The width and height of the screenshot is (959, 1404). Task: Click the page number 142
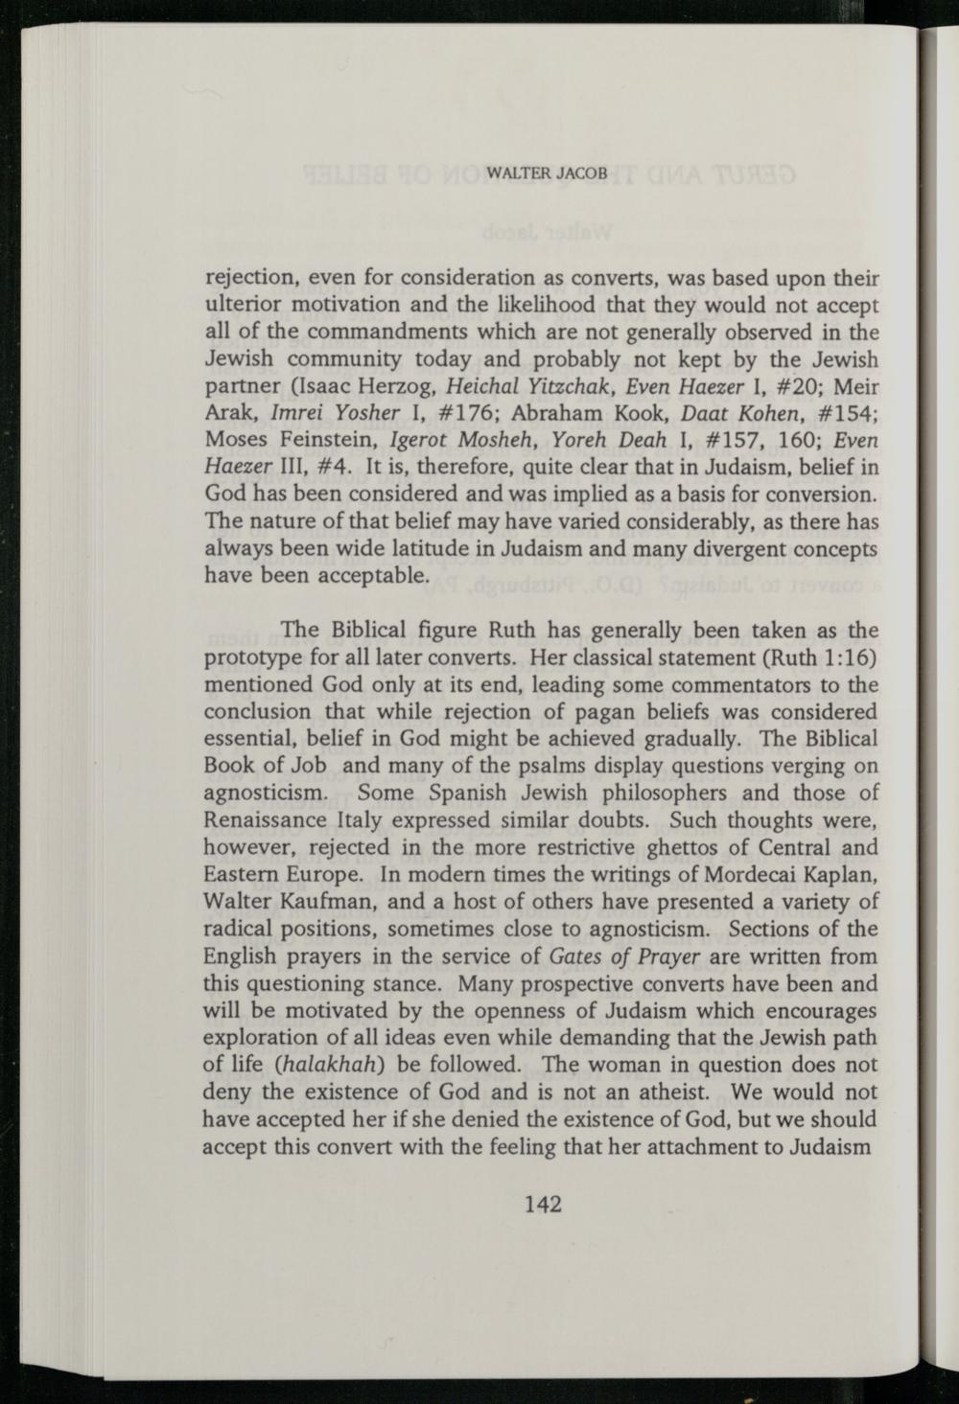[542, 1205]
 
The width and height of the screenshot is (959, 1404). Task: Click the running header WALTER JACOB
[547, 174]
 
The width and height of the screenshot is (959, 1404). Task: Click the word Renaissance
[263, 821]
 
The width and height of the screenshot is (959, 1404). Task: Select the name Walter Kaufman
[282, 903]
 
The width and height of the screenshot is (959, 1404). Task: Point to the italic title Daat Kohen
[736, 413]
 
